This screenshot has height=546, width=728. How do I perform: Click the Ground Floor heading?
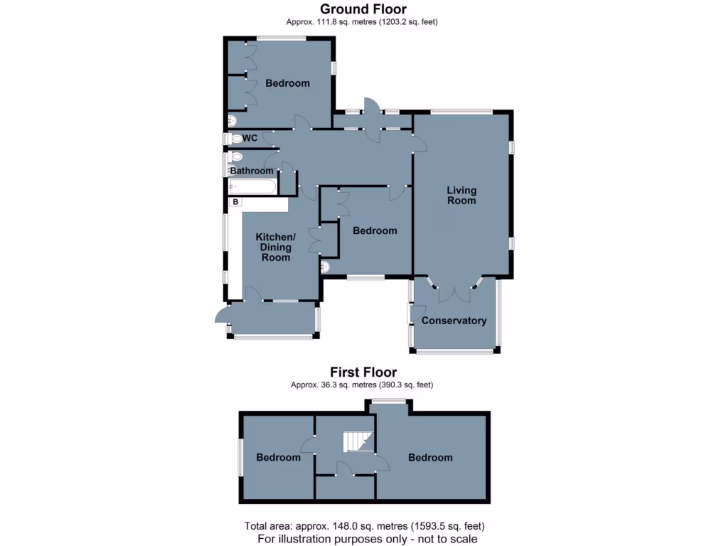pyautogui.click(x=363, y=9)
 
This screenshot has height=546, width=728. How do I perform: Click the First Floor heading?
pyautogui.click(x=363, y=372)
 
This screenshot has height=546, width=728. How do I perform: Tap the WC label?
pyautogui.click(x=250, y=138)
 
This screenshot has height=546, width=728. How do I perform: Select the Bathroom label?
pyautogui.click(x=252, y=171)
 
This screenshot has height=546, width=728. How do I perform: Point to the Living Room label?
pyautogui.click(x=461, y=196)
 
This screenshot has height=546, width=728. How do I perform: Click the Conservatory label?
pyautogui.click(x=454, y=321)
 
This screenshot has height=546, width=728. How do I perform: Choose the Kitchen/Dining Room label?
pyautogui.click(x=275, y=247)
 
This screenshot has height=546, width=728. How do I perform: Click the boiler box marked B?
pyautogui.click(x=235, y=202)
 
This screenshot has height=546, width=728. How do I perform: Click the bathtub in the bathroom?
pyautogui.click(x=252, y=187)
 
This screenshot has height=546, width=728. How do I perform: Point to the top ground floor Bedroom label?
pyautogui.click(x=287, y=83)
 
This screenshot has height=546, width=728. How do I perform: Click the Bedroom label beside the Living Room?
pyautogui.click(x=375, y=230)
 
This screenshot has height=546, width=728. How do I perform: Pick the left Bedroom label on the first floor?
pyautogui.click(x=278, y=457)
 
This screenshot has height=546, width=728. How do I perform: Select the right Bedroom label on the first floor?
pyautogui.click(x=430, y=457)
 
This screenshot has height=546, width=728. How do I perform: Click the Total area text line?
pyautogui.click(x=364, y=527)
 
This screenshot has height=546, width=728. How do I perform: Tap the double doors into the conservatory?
pyautogui.click(x=455, y=291)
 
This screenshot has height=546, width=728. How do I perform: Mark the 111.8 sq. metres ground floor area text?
pyautogui.click(x=362, y=22)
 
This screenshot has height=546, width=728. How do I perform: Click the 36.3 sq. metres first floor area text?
pyautogui.click(x=362, y=385)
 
